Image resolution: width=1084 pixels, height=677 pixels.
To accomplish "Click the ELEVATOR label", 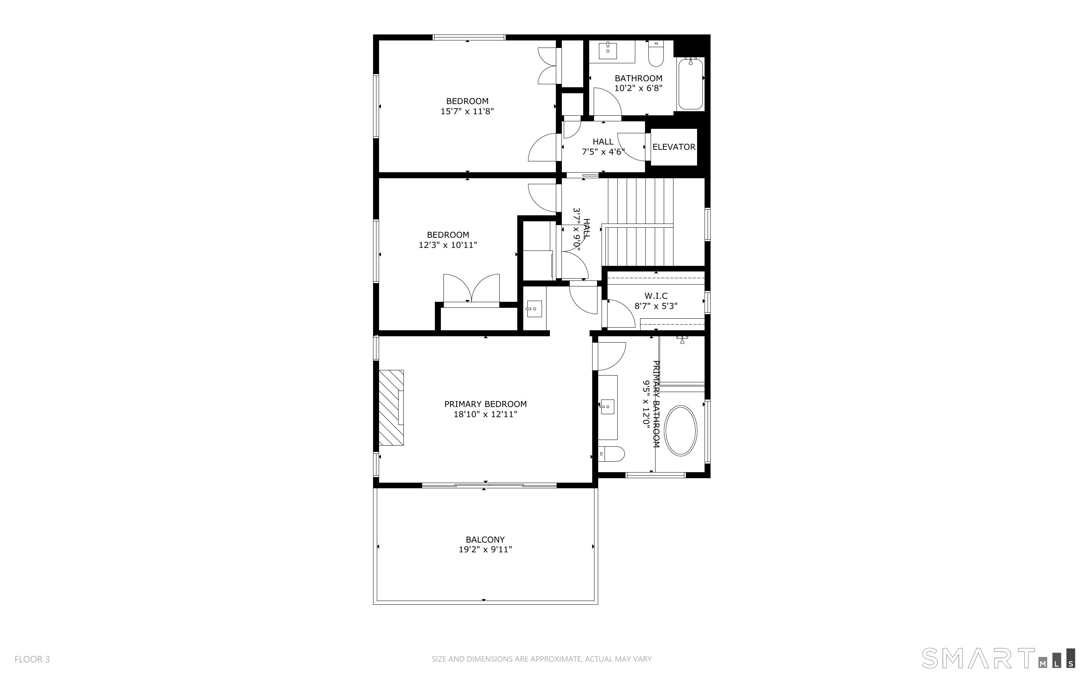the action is (x=673, y=147).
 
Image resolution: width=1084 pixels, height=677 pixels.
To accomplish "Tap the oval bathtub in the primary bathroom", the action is (x=681, y=431).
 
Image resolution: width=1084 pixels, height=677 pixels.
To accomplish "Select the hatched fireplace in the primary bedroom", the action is (x=391, y=407).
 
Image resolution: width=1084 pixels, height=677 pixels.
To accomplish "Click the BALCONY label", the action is (x=485, y=540).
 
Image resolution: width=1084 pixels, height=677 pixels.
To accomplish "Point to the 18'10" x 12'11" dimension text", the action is (x=485, y=414).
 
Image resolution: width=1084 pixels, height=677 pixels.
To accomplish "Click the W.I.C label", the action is (x=656, y=296).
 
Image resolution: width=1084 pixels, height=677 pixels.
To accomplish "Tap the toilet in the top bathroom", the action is (x=655, y=53).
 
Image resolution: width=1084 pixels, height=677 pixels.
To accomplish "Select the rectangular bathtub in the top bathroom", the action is (x=691, y=84).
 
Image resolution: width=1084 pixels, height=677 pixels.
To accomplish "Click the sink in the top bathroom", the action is (x=608, y=50).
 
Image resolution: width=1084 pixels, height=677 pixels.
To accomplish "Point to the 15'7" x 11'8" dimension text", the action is (x=467, y=112).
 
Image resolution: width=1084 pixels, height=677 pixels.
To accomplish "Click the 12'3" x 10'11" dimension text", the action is (x=448, y=245).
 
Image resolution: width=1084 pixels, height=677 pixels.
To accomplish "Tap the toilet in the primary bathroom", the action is (x=611, y=454).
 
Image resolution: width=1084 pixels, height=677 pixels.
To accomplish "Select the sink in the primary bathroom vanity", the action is (x=607, y=407).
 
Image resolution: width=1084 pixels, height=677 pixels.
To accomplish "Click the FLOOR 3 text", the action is (x=32, y=659).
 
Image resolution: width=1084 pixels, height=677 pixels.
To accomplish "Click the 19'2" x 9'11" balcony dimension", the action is (x=485, y=549).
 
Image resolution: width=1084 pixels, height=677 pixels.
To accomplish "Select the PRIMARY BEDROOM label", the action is (x=485, y=404).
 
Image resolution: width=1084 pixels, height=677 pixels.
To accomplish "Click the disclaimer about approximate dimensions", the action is (x=542, y=659).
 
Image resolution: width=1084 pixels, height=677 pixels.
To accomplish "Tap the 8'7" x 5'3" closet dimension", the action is (x=656, y=306).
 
